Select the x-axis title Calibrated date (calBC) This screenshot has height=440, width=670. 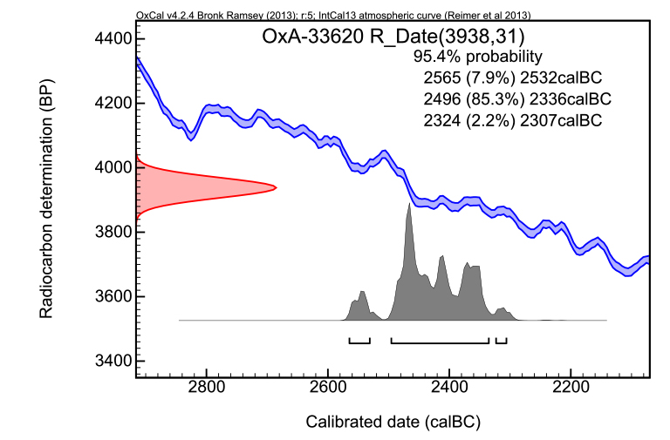point(393,422)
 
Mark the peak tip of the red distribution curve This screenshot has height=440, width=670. point(276,187)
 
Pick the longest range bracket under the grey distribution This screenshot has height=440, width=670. point(440,341)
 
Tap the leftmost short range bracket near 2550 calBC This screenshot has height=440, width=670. point(359,341)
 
